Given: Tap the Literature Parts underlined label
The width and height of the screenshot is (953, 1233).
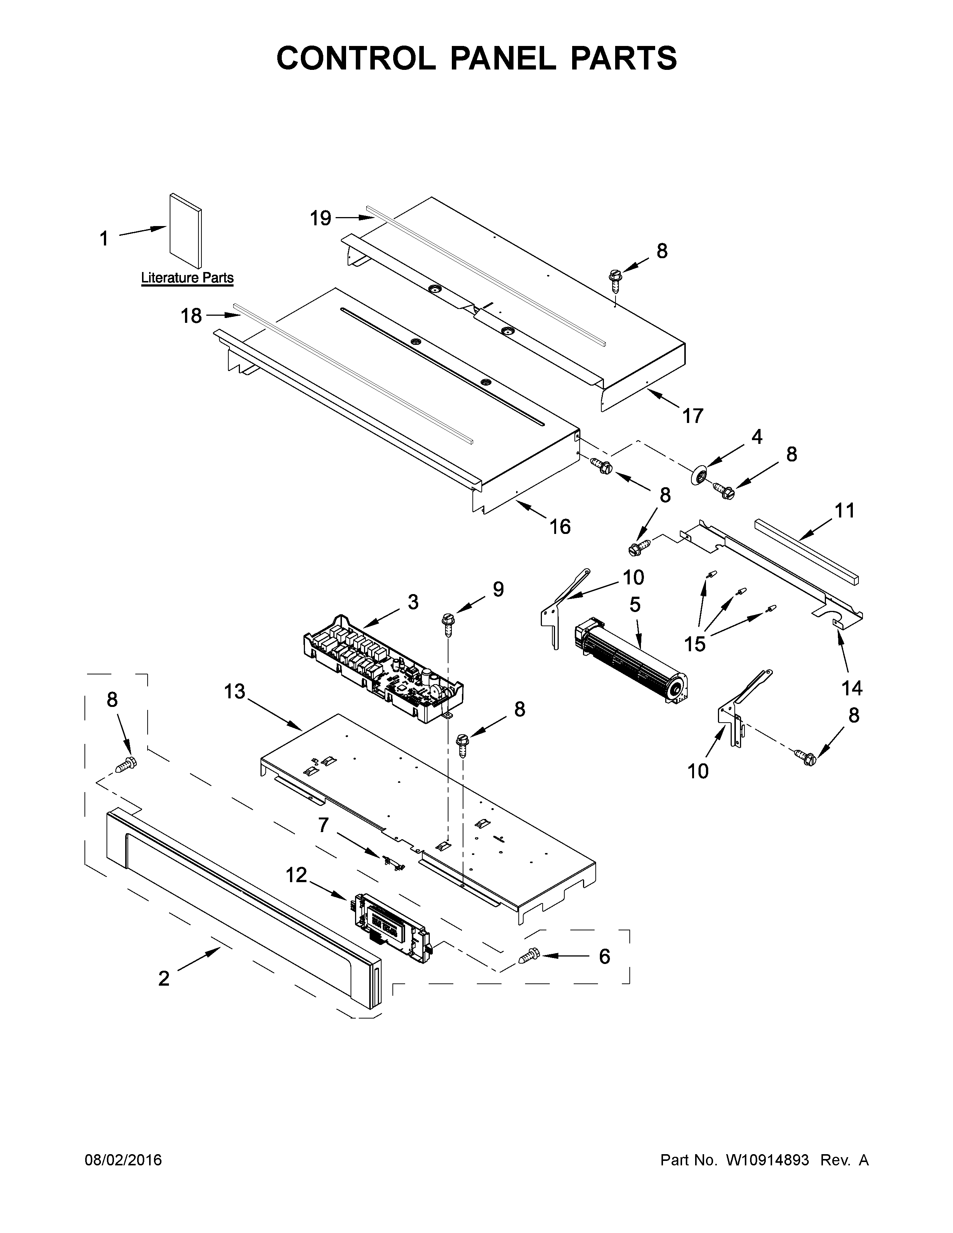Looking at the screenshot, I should pyautogui.click(x=187, y=278).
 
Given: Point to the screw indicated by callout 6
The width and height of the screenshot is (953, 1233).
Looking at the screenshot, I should pyautogui.click(x=528, y=957).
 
